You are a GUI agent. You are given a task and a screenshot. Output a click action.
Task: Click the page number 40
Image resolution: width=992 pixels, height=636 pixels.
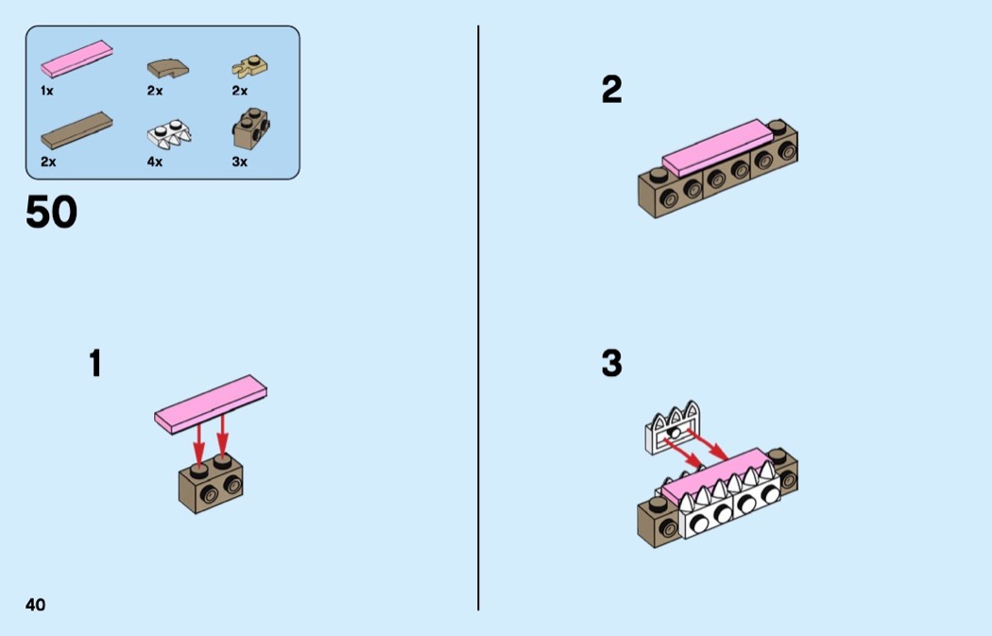(x=36, y=605)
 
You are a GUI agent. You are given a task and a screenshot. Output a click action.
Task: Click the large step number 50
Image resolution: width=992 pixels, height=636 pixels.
(x=51, y=212)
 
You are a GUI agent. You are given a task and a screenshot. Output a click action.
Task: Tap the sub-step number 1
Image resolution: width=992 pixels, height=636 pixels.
(x=95, y=363)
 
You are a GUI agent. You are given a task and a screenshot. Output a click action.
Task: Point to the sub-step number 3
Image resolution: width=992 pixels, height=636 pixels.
(x=612, y=363)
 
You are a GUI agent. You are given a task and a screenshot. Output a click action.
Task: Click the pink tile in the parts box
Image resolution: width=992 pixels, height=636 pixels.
(x=77, y=59)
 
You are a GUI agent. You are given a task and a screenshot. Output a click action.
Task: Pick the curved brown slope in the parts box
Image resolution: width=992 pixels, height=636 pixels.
(x=167, y=68)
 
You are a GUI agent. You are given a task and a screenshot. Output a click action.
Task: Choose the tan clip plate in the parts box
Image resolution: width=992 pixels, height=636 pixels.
(x=250, y=66)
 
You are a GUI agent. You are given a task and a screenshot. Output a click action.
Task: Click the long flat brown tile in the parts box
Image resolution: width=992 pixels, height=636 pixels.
(x=77, y=130)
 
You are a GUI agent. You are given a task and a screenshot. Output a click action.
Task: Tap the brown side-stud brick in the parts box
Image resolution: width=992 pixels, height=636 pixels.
(x=251, y=129)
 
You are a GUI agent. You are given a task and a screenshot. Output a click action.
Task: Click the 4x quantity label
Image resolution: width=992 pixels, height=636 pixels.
(x=155, y=162)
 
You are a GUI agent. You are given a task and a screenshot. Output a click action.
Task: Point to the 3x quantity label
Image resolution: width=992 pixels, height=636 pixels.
(x=240, y=162)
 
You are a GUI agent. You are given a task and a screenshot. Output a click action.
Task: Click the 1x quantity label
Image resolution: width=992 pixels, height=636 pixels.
(x=47, y=91)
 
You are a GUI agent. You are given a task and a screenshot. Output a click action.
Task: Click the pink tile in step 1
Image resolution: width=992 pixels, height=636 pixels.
(x=211, y=404)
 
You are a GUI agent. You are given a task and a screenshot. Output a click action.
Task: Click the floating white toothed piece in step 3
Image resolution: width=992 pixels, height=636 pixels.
(x=673, y=428)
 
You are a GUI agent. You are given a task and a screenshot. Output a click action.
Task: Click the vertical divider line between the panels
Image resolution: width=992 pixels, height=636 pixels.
(x=478, y=318)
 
